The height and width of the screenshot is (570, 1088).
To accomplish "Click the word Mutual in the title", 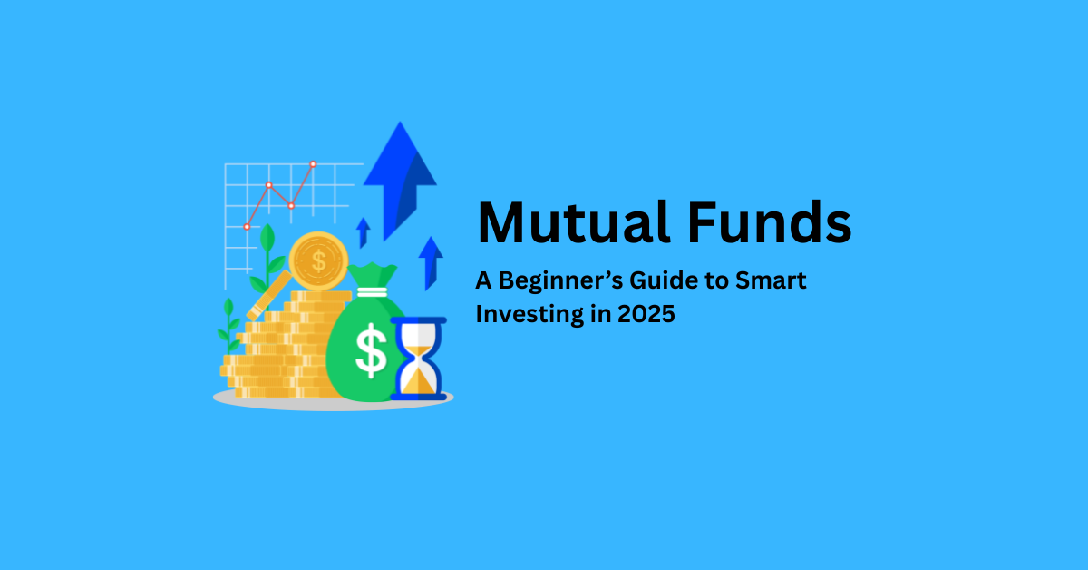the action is coord(573,222).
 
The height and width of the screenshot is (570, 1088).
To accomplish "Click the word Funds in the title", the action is coord(770,222).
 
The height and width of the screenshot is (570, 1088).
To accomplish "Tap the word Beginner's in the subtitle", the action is coord(560,281).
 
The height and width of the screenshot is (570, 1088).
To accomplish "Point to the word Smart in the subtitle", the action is coord(771,280).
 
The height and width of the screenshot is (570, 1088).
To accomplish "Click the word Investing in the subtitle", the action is coord(529,314).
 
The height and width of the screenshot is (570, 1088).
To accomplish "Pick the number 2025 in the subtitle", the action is coord(646,314).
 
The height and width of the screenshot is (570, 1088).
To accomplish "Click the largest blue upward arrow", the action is coord(400,181).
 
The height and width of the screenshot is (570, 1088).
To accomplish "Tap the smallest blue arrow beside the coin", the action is coord(363,232).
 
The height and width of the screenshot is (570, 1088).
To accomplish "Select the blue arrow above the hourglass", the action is coord(431,263).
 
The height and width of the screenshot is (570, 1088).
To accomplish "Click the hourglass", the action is coord(418,359).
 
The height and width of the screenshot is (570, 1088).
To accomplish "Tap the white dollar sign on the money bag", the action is coord(371,350).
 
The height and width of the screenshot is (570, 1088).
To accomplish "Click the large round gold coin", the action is coord(318,261).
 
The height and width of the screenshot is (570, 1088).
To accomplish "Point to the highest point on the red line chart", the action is coord(314,164).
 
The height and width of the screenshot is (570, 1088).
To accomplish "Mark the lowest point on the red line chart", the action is coord(247,227).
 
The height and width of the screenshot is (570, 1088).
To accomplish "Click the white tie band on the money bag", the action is coord(372,292).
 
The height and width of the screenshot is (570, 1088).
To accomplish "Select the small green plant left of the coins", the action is coord(228,326).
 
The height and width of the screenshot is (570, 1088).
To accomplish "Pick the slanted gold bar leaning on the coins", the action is coord(269,296).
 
